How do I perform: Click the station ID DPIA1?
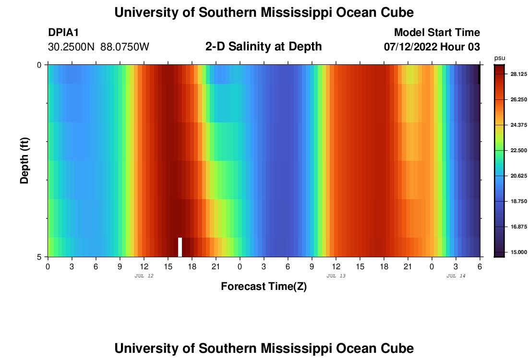63,33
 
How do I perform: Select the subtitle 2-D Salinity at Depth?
264,47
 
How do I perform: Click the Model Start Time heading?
437,33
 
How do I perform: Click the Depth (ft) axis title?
25,160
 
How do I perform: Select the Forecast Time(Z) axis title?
264,287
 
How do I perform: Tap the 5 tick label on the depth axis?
39,257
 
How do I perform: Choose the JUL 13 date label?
336,276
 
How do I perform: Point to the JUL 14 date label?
456,276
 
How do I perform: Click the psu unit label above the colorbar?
499,58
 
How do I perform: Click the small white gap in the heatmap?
180,247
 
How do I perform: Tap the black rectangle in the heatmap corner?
479,74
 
